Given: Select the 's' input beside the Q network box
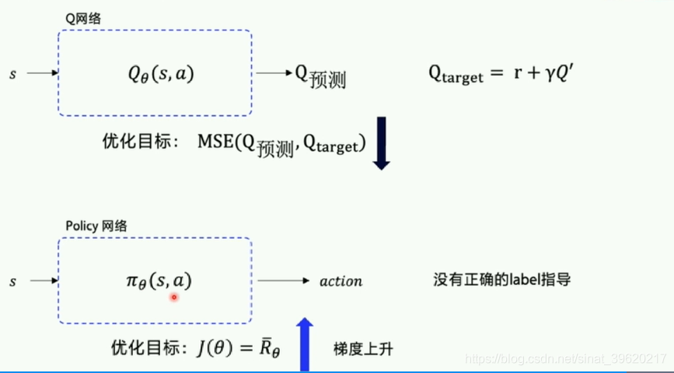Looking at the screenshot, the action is point(12,74).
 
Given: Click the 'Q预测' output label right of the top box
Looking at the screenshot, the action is point(319,76).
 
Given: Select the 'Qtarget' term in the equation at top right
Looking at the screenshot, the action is point(456,75).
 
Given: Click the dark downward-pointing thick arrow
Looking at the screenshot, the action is point(381,143).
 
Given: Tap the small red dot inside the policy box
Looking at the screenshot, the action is point(174,297).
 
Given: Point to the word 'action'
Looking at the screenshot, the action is point(340,280).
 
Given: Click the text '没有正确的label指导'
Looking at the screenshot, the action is point(501,279).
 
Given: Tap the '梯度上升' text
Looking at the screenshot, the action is point(363,349).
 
